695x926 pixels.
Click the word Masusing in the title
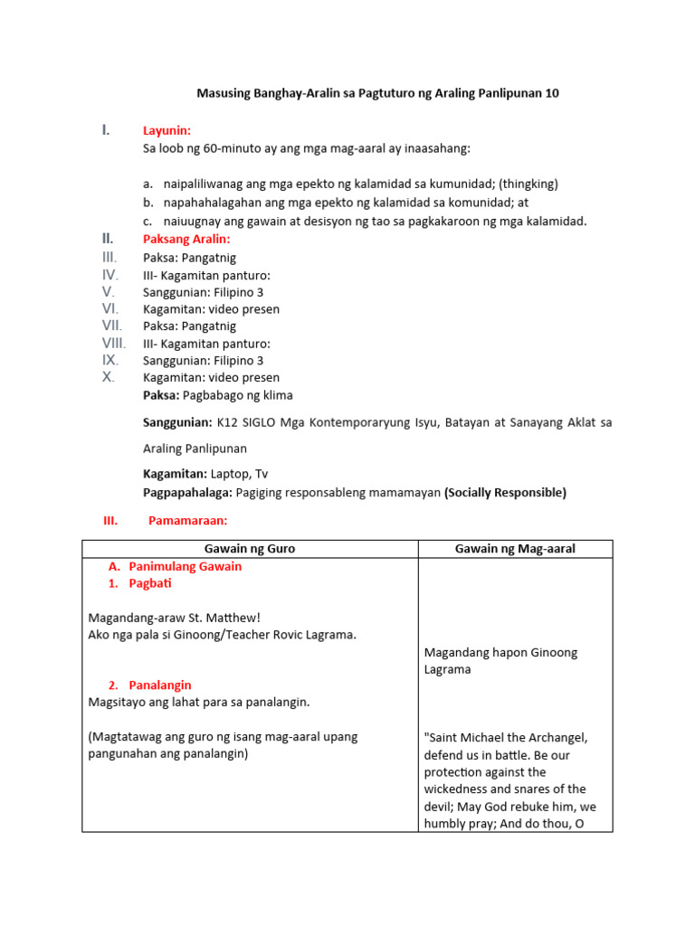click(x=224, y=93)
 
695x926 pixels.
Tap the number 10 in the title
click(x=552, y=93)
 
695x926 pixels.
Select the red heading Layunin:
click(x=167, y=131)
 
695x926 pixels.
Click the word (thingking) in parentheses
click(x=528, y=184)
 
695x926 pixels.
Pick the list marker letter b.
click(x=147, y=203)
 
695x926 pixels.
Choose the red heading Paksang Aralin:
click(x=186, y=240)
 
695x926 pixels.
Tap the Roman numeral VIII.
click(x=114, y=343)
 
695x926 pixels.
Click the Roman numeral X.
click(x=109, y=377)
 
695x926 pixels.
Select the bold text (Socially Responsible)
click(x=505, y=493)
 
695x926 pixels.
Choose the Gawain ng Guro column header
click(x=250, y=549)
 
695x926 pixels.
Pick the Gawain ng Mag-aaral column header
click(x=515, y=549)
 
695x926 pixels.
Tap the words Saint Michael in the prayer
click(x=462, y=738)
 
